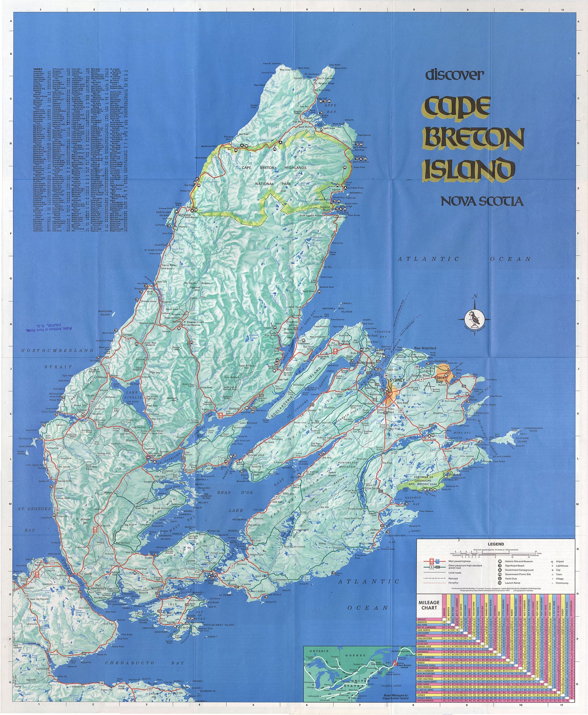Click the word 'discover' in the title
coord(454,75)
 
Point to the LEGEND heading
coord(496,544)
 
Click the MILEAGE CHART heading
coord(428,604)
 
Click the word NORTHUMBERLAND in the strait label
coord(58,350)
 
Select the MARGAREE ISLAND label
coord(105,313)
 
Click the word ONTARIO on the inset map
coord(319,651)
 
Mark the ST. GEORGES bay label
coord(35,509)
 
